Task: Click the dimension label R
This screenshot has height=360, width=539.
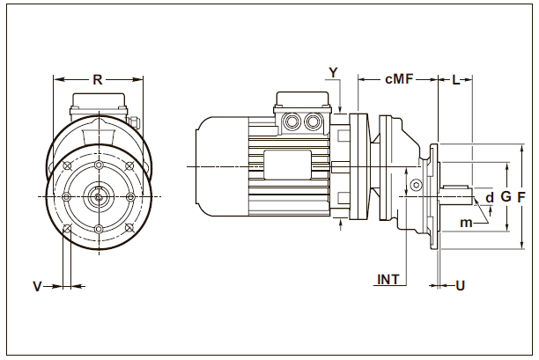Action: pyautogui.click(x=98, y=79)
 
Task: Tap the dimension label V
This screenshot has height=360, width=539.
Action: pyautogui.click(x=37, y=286)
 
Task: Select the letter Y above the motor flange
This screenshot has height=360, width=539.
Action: pyautogui.click(x=333, y=70)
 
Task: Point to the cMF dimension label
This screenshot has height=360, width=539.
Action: pyautogui.click(x=398, y=79)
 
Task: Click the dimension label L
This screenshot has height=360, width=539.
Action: pyautogui.click(x=455, y=80)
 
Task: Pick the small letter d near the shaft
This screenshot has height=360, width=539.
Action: pyautogui.click(x=490, y=197)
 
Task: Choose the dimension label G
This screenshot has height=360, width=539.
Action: pyautogui.click(x=506, y=197)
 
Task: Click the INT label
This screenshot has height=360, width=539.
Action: pyautogui.click(x=388, y=280)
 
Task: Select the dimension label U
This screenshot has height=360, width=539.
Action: pyautogui.click(x=460, y=285)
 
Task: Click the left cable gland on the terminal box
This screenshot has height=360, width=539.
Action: pyautogui.click(x=292, y=121)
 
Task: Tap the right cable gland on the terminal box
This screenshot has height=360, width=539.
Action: pyautogui.click(x=313, y=121)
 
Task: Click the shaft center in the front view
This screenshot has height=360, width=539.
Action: pyautogui.click(x=98, y=195)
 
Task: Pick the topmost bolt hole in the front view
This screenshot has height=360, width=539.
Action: pyautogui.click(x=98, y=163)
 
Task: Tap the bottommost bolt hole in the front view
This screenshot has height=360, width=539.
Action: pyautogui.click(x=98, y=229)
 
